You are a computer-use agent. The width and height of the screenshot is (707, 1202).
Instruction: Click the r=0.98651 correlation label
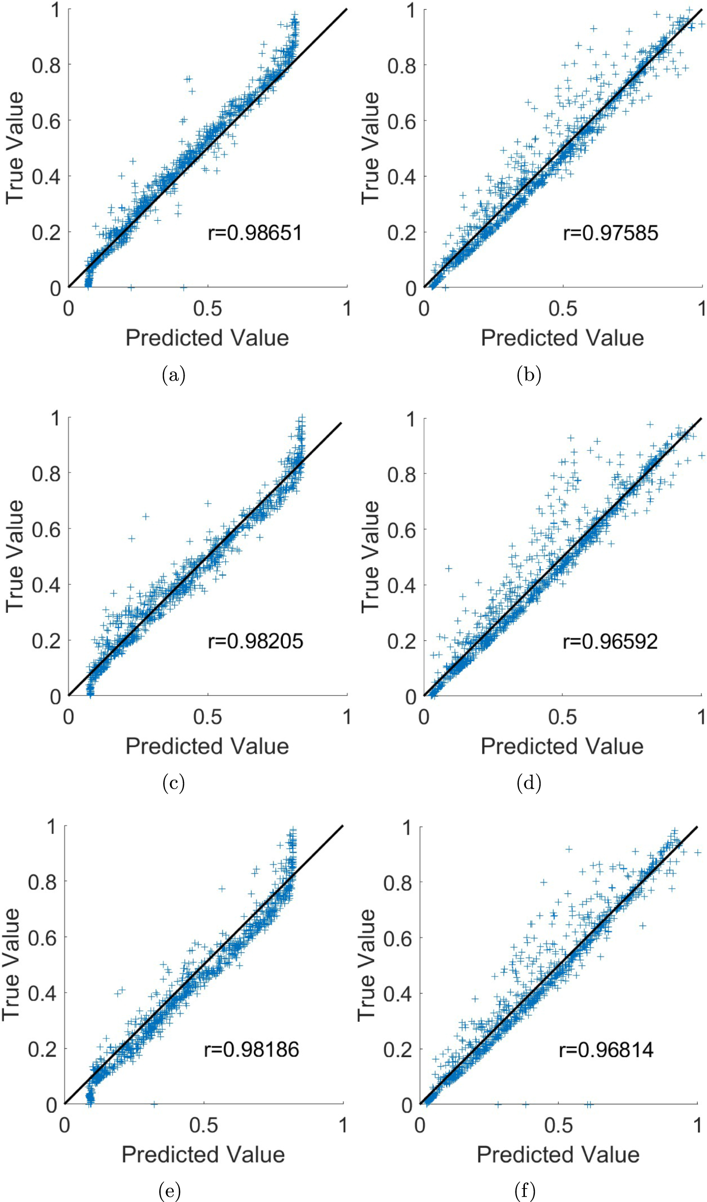pos(255,233)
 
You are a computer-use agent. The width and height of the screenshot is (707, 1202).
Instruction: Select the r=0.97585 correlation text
pos(610,233)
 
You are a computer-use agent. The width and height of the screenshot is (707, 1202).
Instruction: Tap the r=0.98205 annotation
pos(255,641)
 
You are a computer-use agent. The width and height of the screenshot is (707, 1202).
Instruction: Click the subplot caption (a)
pos(173,375)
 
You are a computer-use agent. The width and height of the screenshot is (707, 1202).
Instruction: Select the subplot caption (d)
pos(528,783)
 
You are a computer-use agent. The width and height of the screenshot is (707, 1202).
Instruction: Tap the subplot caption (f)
pos(525,1191)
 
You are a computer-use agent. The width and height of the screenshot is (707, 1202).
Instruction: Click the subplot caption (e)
pos(169,1191)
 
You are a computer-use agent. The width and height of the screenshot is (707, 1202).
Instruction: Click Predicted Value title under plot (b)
pos(562,338)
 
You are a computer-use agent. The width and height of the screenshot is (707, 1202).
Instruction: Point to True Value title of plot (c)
pos(15,556)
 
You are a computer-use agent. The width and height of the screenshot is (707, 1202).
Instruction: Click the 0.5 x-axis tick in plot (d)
pos(562,717)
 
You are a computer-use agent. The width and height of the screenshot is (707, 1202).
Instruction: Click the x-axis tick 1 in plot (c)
pos(346,717)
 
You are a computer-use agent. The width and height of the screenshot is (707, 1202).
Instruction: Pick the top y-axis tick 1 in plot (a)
pos(56,10)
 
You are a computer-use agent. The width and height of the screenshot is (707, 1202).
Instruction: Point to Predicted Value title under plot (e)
pos(203,1154)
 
